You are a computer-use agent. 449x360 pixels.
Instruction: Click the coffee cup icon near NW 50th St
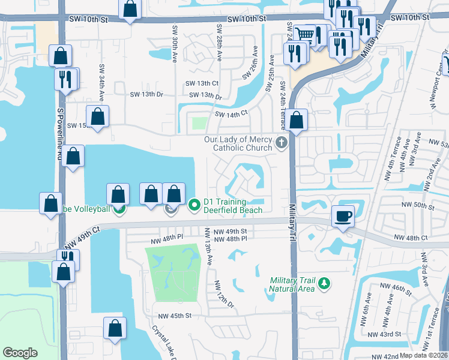pos(343,217)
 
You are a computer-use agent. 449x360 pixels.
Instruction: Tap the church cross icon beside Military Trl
pos(282,144)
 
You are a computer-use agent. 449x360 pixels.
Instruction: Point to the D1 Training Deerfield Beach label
pos(233,206)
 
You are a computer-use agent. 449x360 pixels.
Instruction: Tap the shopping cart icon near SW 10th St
pos(306,35)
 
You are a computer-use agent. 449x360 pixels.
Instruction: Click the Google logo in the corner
pos(20,352)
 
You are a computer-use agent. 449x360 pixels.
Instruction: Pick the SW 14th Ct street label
pos(231,113)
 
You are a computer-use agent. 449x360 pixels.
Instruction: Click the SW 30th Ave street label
pos(175,37)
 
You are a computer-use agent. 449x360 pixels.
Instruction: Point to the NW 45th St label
pos(175,316)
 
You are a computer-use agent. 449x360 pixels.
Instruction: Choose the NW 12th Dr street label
pos(223,293)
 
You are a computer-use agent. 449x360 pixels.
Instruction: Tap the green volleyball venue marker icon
pos(119,209)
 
